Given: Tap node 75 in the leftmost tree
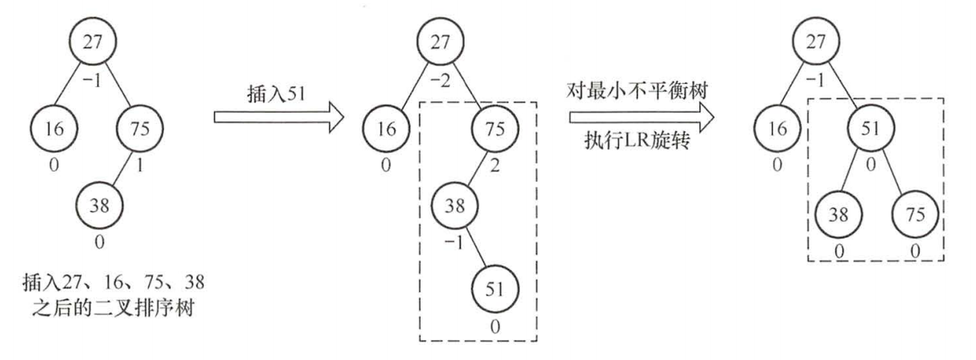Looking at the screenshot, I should pyautogui.click(x=140, y=126).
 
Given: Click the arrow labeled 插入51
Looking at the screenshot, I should pyautogui.click(x=278, y=120).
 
